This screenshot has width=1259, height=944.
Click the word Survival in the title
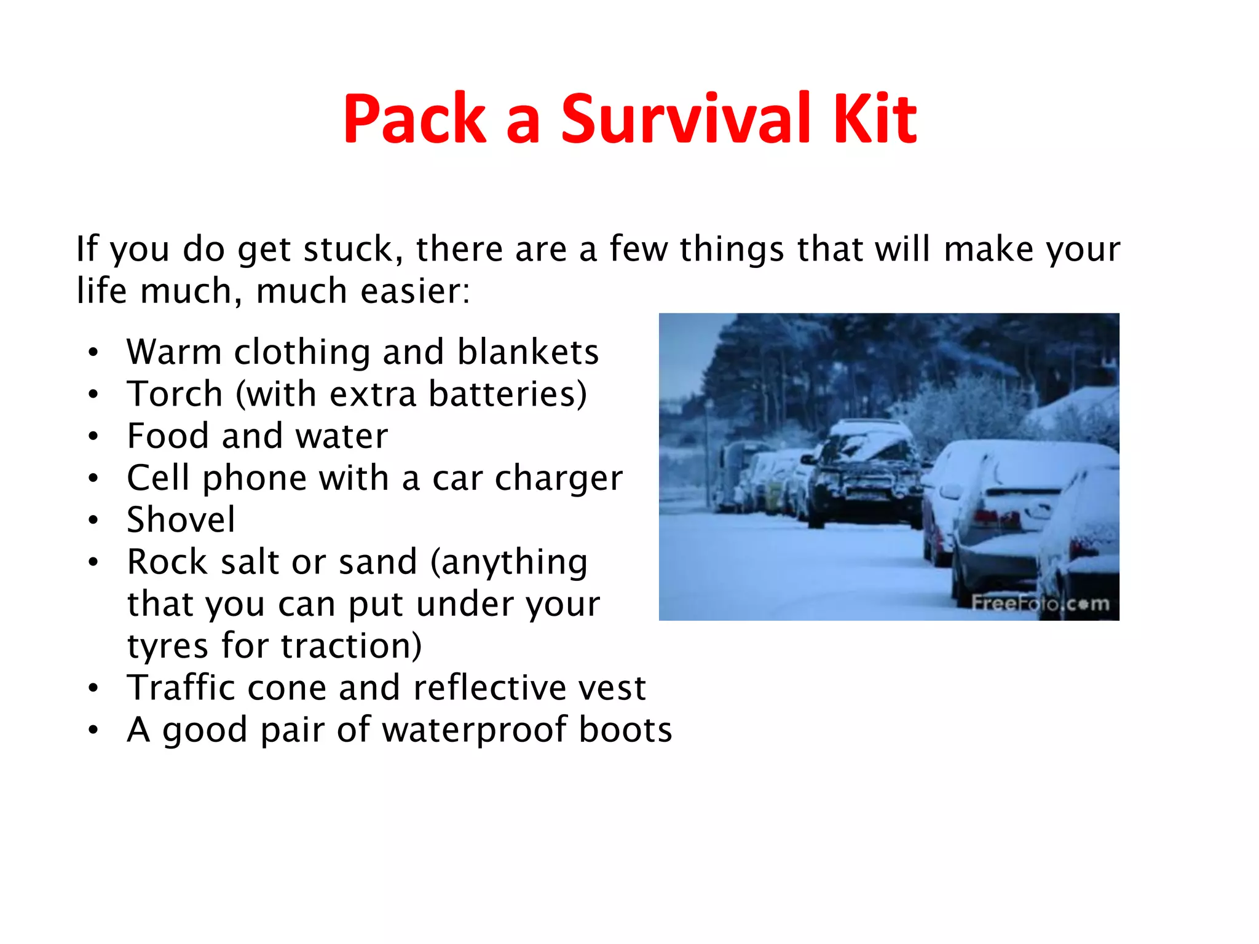[x=687, y=119]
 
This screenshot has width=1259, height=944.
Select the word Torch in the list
[x=175, y=394]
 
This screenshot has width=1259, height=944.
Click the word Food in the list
[x=167, y=436]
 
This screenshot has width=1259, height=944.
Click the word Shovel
[x=181, y=520]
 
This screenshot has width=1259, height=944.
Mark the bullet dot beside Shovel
[x=93, y=521]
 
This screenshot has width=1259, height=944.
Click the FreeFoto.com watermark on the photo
[x=1040, y=604]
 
